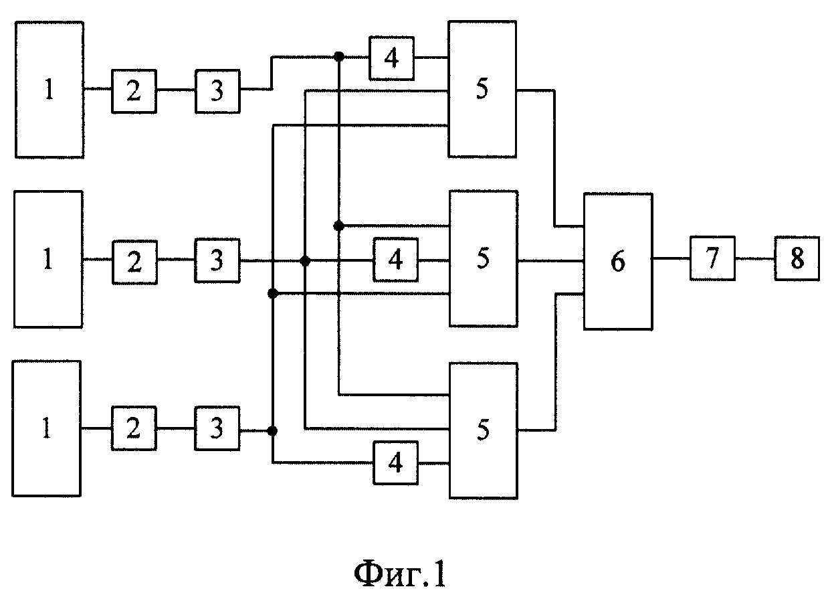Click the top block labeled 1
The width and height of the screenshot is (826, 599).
pos(49,90)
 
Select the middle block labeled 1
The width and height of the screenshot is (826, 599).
pos(48,259)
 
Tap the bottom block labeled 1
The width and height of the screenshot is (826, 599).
pos(47,428)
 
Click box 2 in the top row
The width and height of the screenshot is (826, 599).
pos(134,91)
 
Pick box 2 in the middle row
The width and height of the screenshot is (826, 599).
pos(134,262)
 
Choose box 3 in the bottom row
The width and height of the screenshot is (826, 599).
pos(217,428)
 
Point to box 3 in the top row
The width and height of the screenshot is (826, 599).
pos(217,91)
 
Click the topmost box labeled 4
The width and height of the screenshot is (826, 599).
pos(392,58)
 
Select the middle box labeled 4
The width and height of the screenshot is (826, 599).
pos(396,260)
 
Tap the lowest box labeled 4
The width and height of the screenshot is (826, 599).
pos(396,462)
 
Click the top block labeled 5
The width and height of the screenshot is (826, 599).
pos(482,89)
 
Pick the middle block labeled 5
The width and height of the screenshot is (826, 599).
pos(484,259)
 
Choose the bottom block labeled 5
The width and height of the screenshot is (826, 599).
pos(484,431)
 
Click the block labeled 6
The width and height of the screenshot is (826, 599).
pos(619,261)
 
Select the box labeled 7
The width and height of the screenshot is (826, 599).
pos(712,258)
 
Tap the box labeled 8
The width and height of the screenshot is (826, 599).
pos(797,258)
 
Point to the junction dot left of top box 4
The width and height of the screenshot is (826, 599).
pos(339,57)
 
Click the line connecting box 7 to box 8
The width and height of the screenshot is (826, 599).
pos(755,258)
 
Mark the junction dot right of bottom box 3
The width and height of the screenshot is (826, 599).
pos(272,431)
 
